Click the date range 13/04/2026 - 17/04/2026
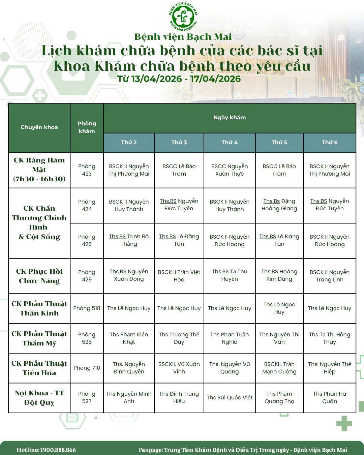tap(179, 79)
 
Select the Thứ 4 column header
tap(230, 143)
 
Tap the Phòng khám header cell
tap(87, 127)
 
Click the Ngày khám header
tap(230, 118)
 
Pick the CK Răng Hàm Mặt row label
tap(39, 170)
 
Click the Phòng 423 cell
tap(87, 170)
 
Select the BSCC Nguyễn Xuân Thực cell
tap(230, 170)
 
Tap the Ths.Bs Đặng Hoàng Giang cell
tap(279, 205)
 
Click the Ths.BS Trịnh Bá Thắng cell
tap(129, 240)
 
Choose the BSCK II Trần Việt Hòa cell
tap(179, 276)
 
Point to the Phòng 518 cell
tap(87, 308)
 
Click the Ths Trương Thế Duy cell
tap(179, 338)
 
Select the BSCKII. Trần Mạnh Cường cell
tap(279, 368)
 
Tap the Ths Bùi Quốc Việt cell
tap(230, 398)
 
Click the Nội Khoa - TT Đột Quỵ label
tap(39, 398)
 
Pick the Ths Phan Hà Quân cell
tap(329, 398)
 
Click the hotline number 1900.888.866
tap(58, 450)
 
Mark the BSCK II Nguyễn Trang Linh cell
tap(329, 276)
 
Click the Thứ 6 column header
tap(329, 143)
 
